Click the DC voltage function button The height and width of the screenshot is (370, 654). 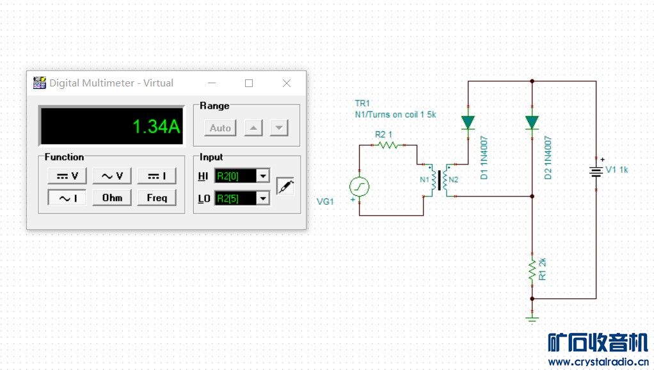pos(67,176)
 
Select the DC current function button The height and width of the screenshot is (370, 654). pos(157,176)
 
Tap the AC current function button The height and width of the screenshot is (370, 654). pos(67,198)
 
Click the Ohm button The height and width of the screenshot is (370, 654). pos(112,198)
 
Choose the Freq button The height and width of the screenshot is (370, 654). pos(157,198)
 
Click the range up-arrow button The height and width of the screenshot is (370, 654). pos(253,128)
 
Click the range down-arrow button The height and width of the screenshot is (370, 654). pos(279,128)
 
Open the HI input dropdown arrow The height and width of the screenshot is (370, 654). pos(263,176)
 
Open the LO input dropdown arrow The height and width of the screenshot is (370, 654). pos(263,198)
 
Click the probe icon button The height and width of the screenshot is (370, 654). pos(285,186)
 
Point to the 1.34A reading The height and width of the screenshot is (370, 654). pos(156,126)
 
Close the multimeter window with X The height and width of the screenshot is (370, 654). pos(287,83)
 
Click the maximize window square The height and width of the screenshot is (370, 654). pos(249,83)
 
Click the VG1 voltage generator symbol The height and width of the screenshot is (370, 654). pos(359,186)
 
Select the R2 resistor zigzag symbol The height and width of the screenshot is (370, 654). pos(388,145)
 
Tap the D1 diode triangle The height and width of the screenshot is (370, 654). pos(468,123)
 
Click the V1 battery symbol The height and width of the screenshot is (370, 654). pos(596,172)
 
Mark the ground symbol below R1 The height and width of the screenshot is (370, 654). pos(532,319)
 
